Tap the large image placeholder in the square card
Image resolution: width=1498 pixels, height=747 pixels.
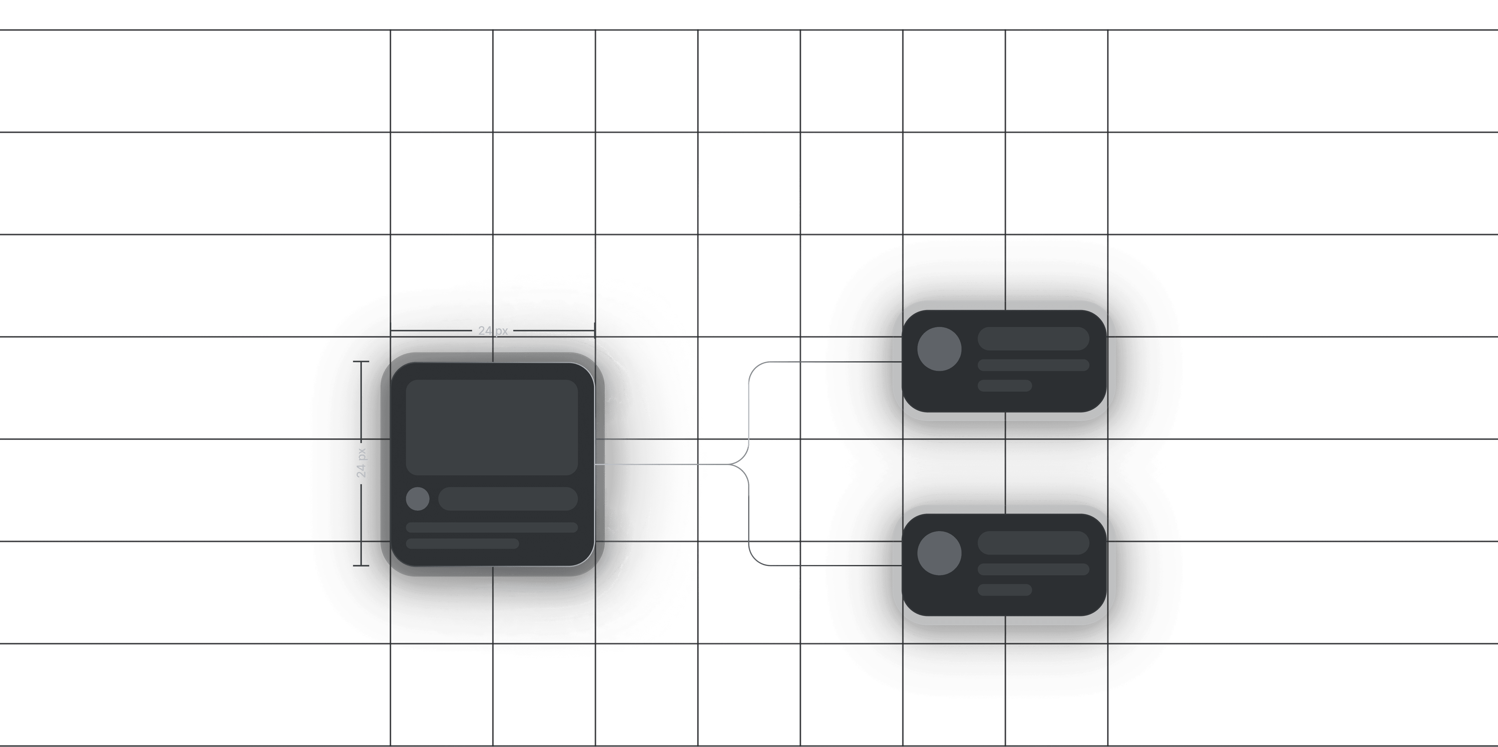(492, 427)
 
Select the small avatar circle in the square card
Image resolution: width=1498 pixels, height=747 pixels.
(418, 499)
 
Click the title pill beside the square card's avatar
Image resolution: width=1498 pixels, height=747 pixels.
(508, 499)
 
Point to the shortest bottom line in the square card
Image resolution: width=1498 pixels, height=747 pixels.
(462, 543)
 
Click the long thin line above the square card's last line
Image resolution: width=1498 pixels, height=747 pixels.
(492, 527)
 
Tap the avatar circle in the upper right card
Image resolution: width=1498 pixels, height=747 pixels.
(939, 349)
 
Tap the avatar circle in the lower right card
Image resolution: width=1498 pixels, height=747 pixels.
(939, 553)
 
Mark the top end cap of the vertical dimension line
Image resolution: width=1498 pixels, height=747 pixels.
(361, 362)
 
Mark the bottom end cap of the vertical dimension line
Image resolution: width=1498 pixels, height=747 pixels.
(361, 565)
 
